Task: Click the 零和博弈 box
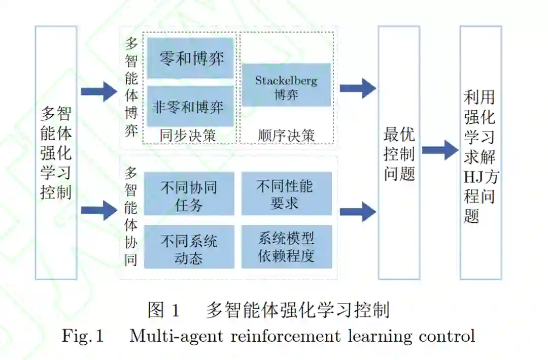click(191, 58)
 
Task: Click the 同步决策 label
click(188, 136)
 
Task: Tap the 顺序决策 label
click(286, 136)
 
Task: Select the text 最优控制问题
click(399, 153)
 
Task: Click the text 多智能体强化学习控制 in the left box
click(56, 152)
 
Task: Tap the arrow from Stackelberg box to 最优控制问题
click(357, 88)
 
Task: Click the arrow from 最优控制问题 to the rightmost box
click(439, 150)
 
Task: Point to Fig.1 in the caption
click(83, 336)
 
